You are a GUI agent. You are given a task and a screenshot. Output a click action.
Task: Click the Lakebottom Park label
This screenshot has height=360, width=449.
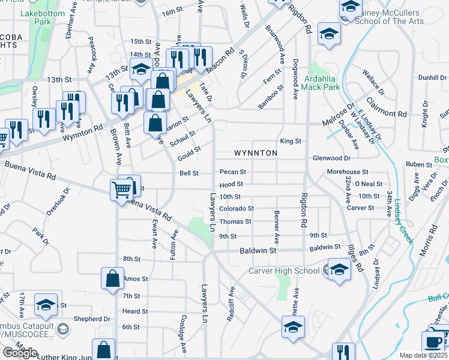pos(35,17)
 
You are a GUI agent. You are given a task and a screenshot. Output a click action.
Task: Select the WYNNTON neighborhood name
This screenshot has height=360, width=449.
pos(255,153)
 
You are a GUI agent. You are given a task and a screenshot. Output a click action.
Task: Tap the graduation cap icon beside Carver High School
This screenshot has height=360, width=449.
pos(339,269)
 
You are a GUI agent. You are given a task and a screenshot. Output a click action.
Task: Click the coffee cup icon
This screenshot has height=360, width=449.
pos(433,341)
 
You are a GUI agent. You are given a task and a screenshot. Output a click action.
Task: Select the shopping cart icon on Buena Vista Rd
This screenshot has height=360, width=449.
pos(122,191)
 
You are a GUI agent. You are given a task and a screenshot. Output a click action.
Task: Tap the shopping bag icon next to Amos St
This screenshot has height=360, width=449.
pos(112,278)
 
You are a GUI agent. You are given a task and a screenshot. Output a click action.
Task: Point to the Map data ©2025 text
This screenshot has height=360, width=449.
pos(423,355)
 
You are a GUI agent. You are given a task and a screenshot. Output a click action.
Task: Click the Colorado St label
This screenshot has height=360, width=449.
pos(236,209)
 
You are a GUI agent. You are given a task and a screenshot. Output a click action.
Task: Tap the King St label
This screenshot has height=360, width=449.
pos(290,141)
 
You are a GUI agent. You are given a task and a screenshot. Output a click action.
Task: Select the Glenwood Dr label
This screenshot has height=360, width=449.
pos(331,158)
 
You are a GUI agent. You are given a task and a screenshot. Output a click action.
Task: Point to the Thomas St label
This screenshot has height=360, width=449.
pos(235,222)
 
